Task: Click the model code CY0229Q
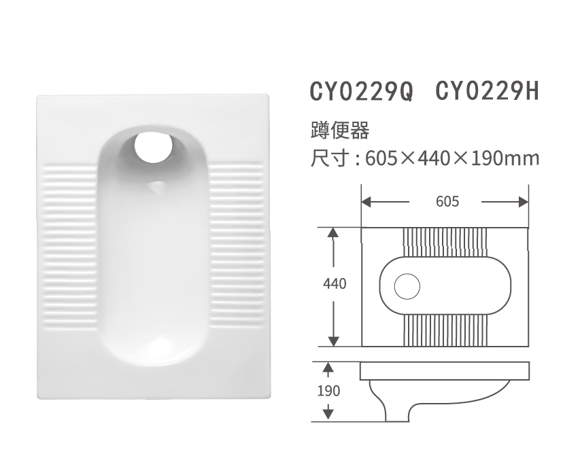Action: pos(361,92)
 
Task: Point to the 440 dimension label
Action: pos(334,284)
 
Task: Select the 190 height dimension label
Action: pos(328,391)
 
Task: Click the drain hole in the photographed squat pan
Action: pos(154,146)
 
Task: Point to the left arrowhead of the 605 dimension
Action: pos(366,202)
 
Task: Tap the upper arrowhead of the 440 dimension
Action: pos(333,233)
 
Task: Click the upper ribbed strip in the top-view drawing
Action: pos(446,241)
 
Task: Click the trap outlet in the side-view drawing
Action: pos(398,411)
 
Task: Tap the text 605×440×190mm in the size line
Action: pos(452,158)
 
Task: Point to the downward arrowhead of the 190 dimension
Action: pos(328,412)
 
